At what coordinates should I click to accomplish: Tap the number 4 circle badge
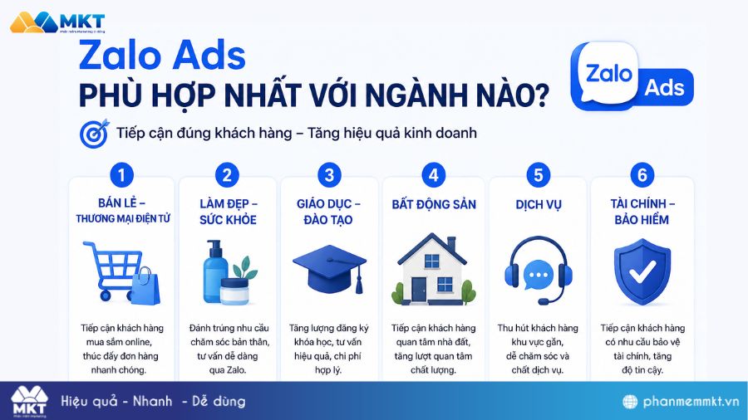point(433,175)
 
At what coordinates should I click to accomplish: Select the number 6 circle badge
point(642,175)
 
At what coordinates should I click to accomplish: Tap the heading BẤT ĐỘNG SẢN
point(434,204)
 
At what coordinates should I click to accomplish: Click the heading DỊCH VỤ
point(538,204)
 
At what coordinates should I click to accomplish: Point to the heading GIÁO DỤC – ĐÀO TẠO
point(329,212)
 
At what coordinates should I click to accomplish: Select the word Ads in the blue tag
point(666,87)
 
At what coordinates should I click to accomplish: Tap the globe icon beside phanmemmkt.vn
point(631,402)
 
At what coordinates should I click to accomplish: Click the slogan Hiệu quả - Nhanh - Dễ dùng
point(153,402)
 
